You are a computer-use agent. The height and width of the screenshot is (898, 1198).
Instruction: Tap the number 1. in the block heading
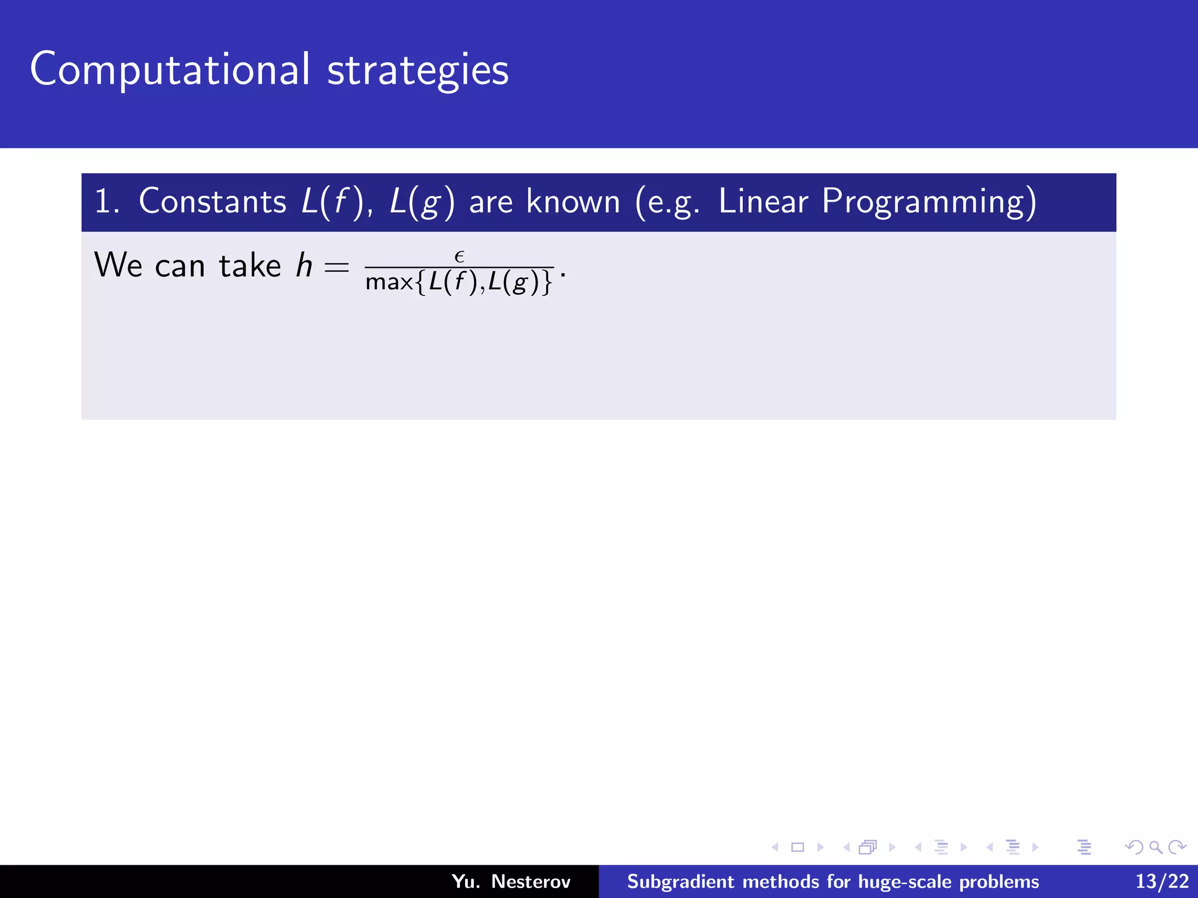106,202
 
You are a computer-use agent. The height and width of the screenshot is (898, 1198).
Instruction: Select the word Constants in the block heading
212,202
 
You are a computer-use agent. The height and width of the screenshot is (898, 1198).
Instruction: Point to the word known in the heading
573,202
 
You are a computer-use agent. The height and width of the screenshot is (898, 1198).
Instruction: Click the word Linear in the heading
763,202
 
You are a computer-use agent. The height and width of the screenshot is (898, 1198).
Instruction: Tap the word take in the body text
250,265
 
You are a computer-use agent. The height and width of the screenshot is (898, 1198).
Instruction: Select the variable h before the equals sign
304,265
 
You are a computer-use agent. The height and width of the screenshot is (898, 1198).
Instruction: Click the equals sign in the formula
336,268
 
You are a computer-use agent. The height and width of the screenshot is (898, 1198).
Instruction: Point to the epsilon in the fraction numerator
459,257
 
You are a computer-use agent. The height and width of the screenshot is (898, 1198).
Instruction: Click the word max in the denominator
389,282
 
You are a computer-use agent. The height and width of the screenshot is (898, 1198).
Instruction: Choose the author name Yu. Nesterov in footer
511,881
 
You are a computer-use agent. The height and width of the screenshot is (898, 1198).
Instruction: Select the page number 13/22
1162,881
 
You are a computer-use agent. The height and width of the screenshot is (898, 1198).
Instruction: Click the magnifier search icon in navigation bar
1155,847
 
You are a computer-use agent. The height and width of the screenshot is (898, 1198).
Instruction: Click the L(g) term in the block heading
422,202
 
